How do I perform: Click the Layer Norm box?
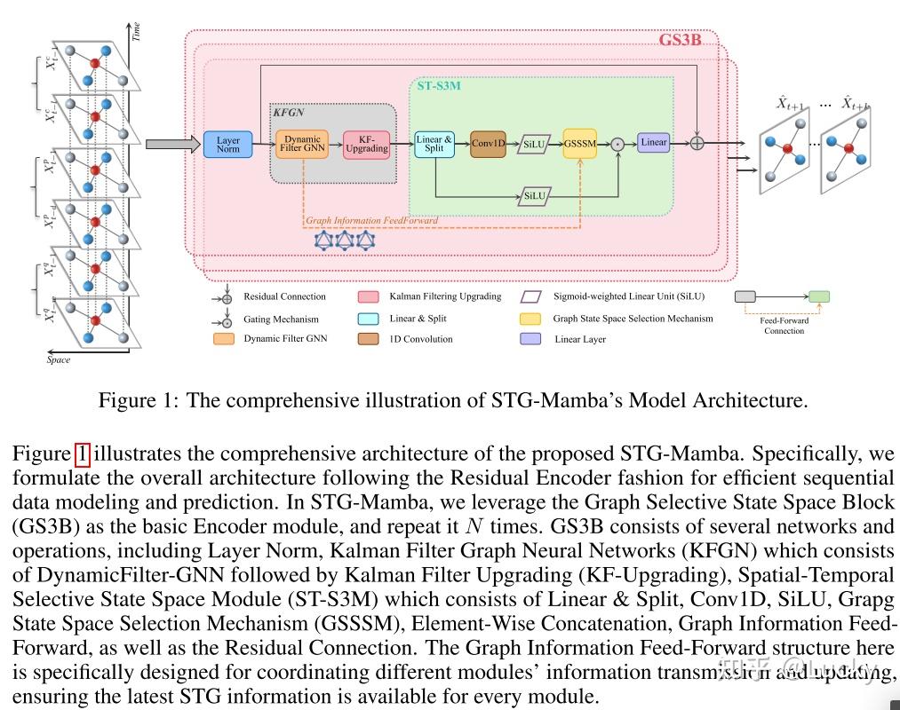coord(228,145)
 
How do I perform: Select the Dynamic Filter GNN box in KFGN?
coord(302,144)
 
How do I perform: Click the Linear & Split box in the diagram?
coord(434,144)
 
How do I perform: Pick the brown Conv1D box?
coord(488,144)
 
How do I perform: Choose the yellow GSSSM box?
coord(579,144)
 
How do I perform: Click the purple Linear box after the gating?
coord(653,142)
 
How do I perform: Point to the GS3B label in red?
coord(680,40)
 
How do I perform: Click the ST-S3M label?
coord(439,86)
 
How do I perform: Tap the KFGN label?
coord(289,113)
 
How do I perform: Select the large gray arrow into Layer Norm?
coord(169,144)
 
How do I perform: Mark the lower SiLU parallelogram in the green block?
coord(534,195)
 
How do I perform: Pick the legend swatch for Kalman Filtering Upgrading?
coord(369,296)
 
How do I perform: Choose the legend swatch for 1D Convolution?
coord(369,339)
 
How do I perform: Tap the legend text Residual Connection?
coord(284,296)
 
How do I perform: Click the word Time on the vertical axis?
coord(136,33)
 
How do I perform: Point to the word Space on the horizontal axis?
coord(59,360)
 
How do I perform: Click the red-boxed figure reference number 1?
coord(82,454)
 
